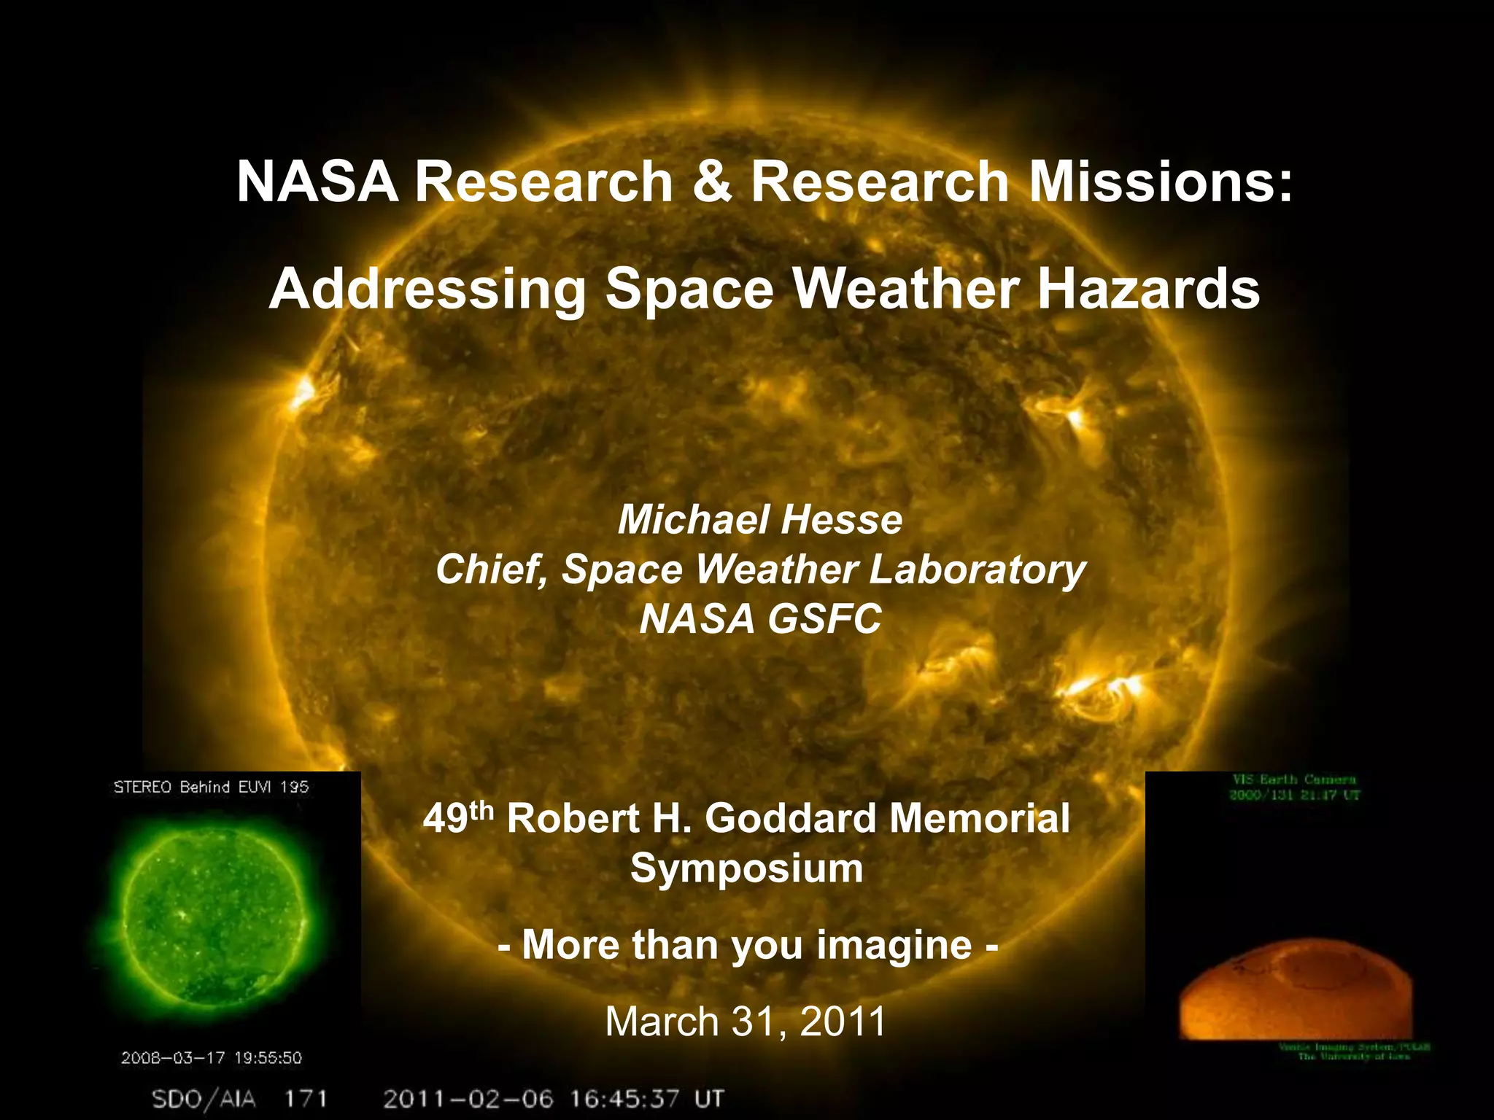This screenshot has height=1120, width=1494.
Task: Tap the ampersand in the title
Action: (x=711, y=182)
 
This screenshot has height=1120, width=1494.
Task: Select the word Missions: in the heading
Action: (x=1160, y=182)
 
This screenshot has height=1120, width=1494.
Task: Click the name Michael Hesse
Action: (x=760, y=520)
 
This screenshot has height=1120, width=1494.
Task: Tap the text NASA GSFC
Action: (x=760, y=619)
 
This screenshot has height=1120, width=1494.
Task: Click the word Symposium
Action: (x=746, y=868)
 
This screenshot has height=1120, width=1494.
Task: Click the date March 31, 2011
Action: (x=746, y=1021)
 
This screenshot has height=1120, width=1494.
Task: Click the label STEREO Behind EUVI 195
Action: (x=211, y=787)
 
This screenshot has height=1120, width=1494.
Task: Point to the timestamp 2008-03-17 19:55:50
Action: (x=211, y=1057)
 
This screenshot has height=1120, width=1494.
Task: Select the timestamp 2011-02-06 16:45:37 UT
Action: (x=553, y=1099)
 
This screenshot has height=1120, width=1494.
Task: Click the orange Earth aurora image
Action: (x=1295, y=992)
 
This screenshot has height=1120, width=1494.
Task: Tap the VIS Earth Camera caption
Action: (x=1294, y=780)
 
